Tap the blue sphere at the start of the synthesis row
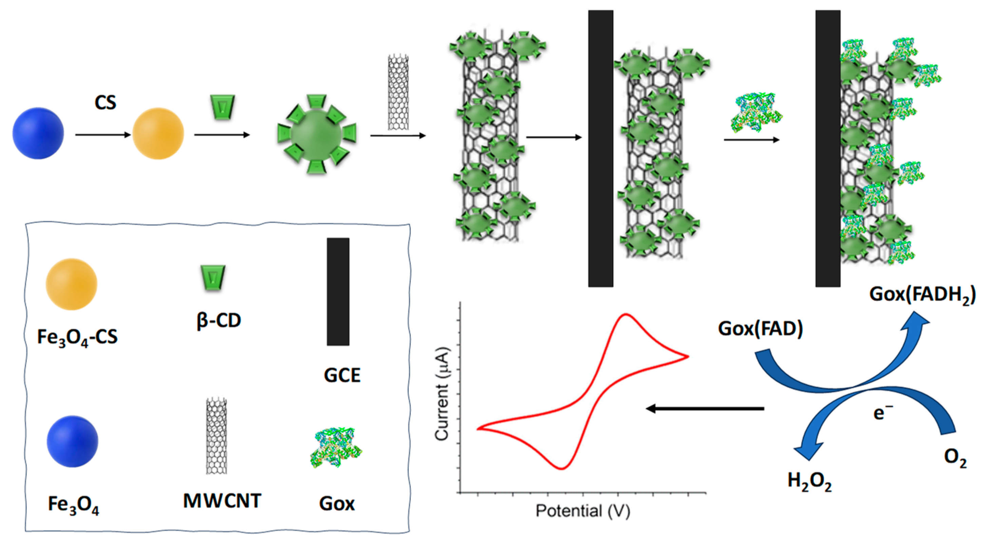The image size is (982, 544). point(38,133)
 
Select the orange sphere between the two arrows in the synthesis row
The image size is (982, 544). point(158,133)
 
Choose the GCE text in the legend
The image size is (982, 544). point(342,375)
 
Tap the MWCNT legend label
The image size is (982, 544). point(222,501)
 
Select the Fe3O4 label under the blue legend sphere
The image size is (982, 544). point(74,505)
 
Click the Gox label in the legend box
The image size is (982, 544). point(337,504)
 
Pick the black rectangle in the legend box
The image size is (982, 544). point(338,292)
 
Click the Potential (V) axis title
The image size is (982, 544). point(583,511)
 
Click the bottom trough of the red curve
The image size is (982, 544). point(561,468)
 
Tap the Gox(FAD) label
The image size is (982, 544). point(760,329)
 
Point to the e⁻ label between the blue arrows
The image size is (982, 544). point(883,413)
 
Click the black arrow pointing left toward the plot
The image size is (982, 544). point(705,409)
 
